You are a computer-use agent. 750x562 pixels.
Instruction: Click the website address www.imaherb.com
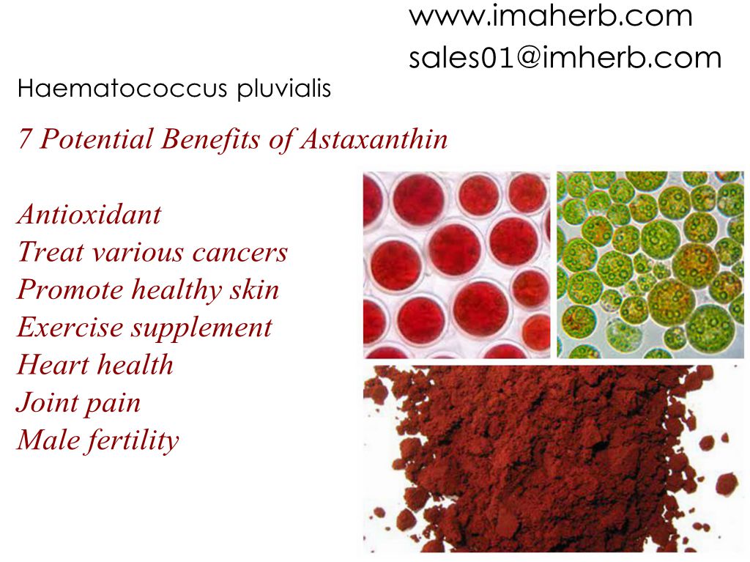pos(551,16)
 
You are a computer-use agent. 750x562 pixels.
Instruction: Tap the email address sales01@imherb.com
pos(565,57)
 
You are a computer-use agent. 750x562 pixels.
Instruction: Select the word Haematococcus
pos(122,88)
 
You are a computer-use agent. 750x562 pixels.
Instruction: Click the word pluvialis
pos(284,89)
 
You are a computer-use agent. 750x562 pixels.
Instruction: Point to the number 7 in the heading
pos(26,139)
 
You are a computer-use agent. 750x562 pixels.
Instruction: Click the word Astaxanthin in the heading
pos(374,139)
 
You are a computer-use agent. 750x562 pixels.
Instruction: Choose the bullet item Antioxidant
pos(89,214)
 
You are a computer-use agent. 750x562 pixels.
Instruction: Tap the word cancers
pos(240,252)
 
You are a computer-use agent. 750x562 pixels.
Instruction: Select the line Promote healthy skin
pos(148,290)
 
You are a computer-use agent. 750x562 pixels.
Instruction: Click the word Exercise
pos(70,328)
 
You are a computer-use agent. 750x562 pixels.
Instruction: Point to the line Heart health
pos(95,365)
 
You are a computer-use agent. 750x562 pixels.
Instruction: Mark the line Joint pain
pos(79,402)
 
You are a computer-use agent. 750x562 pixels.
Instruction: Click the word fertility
pos(133,440)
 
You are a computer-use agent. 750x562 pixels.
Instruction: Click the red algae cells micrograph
pos(457,265)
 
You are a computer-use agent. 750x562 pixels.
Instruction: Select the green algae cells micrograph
pos(650,265)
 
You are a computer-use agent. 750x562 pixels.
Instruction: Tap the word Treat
pos(51,252)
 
